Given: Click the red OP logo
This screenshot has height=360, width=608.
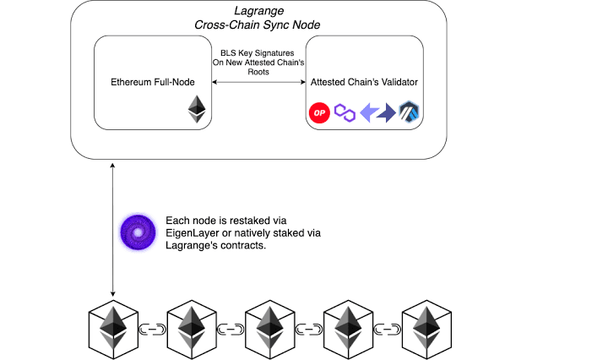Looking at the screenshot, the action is click(x=319, y=113).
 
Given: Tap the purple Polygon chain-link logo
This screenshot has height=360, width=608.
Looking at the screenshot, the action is click(x=345, y=113).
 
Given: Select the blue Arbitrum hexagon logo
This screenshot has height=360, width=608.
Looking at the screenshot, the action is click(x=409, y=112).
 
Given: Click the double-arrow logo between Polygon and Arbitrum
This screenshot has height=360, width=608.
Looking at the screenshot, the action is click(x=377, y=113).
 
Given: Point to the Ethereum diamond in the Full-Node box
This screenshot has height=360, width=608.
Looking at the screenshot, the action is click(x=197, y=109).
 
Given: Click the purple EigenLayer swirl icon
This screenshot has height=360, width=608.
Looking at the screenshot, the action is click(x=138, y=232).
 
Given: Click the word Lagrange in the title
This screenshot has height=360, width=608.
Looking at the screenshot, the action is click(x=258, y=11).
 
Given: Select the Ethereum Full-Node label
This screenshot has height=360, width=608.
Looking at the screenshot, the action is click(x=152, y=82).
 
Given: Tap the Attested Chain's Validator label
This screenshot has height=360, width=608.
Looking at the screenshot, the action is click(x=364, y=82).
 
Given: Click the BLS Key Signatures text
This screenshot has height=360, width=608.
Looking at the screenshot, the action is click(x=257, y=52).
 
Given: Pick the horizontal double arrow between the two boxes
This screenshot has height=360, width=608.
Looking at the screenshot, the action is click(x=258, y=82).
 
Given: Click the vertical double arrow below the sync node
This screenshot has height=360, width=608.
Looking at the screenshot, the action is click(x=112, y=230).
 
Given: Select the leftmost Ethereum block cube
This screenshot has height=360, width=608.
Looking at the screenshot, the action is click(x=113, y=330).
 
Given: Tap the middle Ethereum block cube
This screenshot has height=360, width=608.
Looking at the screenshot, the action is click(x=270, y=330).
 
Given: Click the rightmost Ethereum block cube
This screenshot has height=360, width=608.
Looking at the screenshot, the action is click(x=426, y=330).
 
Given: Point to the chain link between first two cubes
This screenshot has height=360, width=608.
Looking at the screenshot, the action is click(x=152, y=330).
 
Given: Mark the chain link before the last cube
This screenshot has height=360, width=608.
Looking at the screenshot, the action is click(x=388, y=330).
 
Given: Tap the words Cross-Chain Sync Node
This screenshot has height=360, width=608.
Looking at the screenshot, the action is click(x=257, y=25).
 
